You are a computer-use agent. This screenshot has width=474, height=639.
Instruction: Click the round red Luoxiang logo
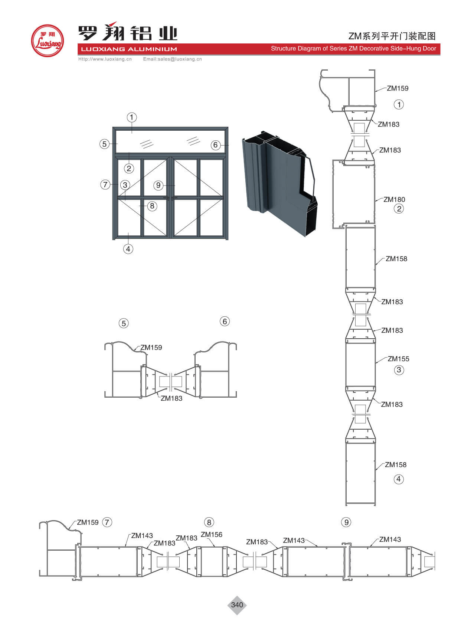coord(47,41)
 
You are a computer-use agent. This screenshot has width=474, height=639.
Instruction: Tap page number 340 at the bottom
coord(237,605)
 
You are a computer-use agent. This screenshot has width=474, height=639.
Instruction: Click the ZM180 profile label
coord(394,200)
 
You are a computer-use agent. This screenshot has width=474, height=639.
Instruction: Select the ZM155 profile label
coord(398,359)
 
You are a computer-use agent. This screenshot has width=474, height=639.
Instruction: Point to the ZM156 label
coord(212,535)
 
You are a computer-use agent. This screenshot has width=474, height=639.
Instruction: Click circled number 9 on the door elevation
coord(158,185)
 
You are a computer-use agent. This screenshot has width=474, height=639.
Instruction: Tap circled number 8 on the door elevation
coord(152,206)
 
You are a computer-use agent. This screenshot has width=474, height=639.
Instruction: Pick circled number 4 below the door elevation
coord(128,249)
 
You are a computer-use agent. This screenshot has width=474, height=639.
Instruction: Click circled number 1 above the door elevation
coord(131,118)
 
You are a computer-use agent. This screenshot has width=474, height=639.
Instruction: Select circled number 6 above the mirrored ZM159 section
coord(225,322)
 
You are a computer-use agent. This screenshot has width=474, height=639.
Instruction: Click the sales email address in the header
coord(172,59)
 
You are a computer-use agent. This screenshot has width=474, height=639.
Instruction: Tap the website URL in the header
coord(105,59)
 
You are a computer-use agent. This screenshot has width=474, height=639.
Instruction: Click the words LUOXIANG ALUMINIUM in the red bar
coord(129,49)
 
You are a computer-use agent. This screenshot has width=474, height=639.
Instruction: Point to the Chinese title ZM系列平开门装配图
coord(392,36)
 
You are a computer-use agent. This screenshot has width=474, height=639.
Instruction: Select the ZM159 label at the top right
coord(398,88)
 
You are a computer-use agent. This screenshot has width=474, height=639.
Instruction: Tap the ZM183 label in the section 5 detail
coord(171,398)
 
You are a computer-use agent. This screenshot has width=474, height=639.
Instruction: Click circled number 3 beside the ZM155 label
coord(399,370)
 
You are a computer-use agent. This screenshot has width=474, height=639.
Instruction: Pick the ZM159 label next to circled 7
coord(88,522)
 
